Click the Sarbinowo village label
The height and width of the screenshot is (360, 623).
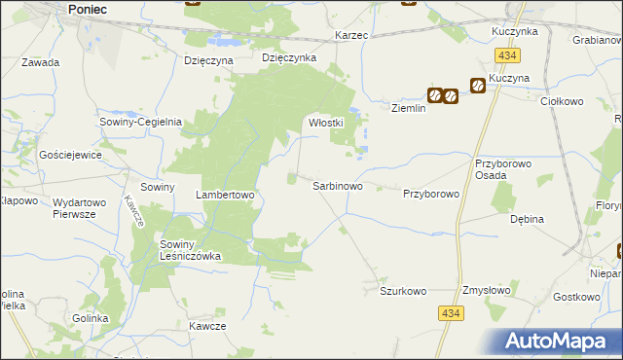[x=338, y=185]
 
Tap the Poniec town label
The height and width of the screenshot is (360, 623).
[x=88, y=9]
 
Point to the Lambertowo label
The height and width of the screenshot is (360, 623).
[x=225, y=195]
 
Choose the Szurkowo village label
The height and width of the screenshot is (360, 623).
[x=403, y=291]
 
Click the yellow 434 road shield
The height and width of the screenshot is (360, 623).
[x=450, y=313]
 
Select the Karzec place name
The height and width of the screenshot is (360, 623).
[x=350, y=35]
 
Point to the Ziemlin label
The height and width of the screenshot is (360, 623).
[x=410, y=109]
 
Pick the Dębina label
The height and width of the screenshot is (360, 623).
[x=527, y=220]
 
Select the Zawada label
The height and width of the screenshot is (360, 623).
[x=40, y=62]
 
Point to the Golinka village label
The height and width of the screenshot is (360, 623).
[x=91, y=318]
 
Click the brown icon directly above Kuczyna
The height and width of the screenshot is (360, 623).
[x=478, y=86]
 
